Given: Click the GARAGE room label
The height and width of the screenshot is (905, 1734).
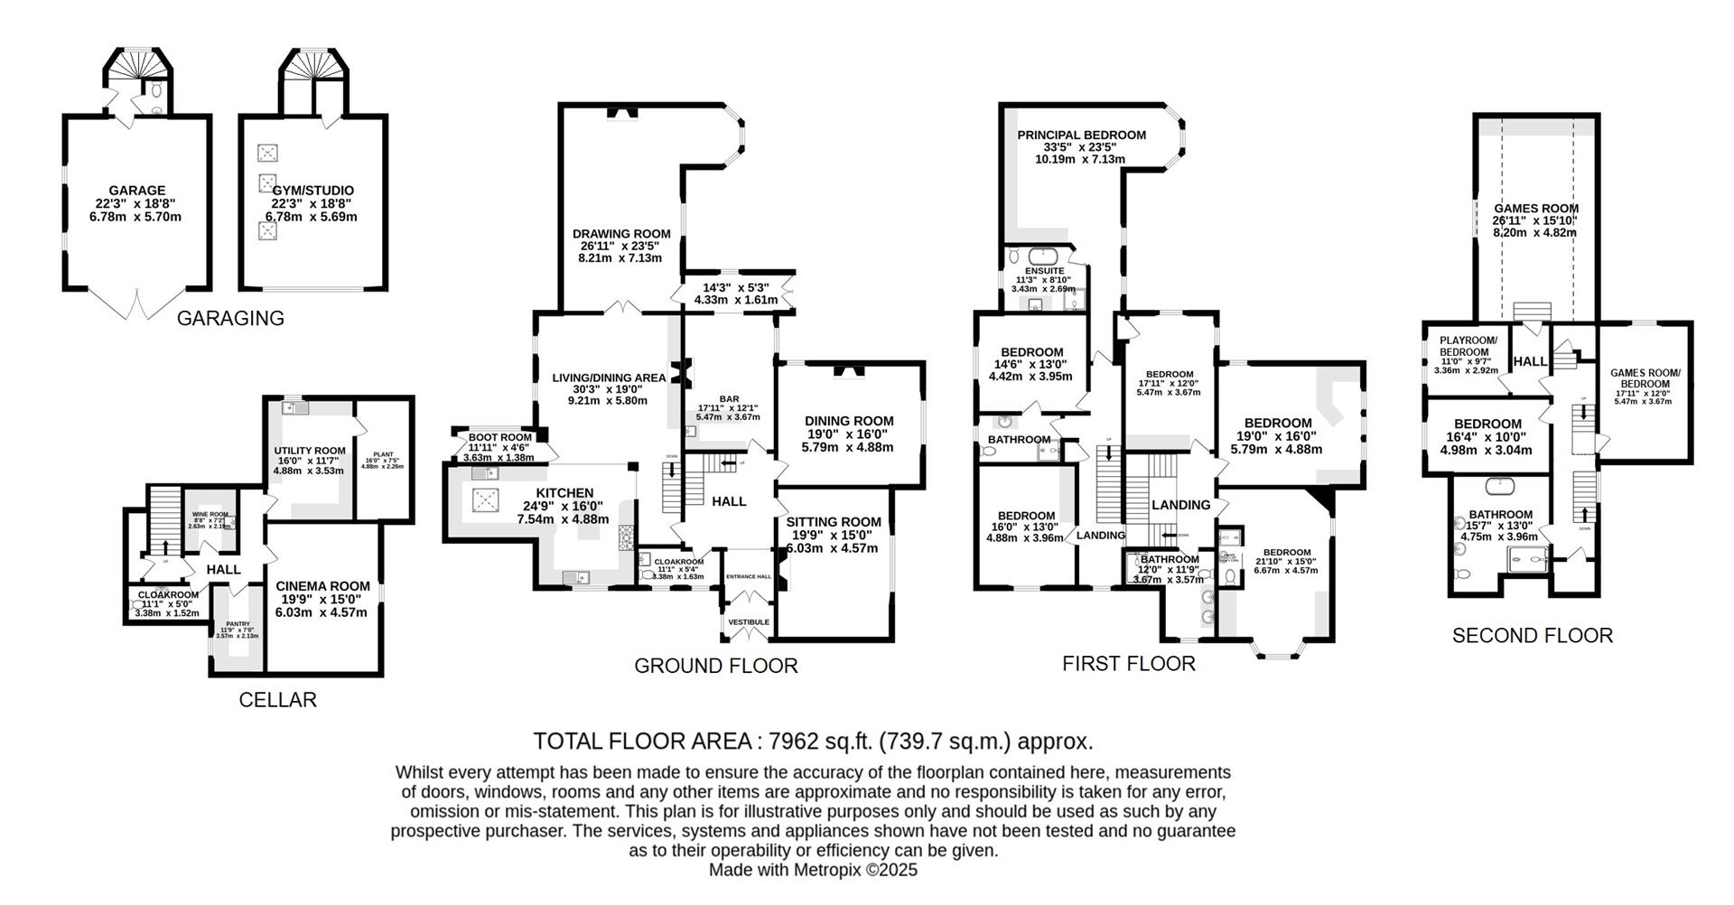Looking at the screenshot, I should pyautogui.click(x=136, y=191).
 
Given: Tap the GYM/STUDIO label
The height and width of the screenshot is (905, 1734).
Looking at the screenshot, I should pyautogui.click(x=312, y=191).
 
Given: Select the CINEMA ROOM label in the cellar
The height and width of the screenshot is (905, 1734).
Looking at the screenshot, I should pyautogui.click(x=323, y=585).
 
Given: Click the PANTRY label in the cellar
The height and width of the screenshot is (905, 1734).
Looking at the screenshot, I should pyautogui.click(x=238, y=624).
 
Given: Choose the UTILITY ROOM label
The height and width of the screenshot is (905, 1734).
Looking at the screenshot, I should pyautogui.click(x=310, y=451).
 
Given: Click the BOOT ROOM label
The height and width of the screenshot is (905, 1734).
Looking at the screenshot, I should pyautogui.click(x=499, y=436).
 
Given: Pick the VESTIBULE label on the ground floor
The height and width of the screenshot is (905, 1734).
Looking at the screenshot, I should pyautogui.click(x=749, y=622).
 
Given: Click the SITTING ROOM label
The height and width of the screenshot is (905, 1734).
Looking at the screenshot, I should pyautogui.click(x=833, y=522).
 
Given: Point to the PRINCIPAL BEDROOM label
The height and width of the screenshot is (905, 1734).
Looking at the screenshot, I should pyautogui.click(x=1081, y=135).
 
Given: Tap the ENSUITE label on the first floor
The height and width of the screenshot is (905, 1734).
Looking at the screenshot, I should pyautogui.click(x=1044, y=270).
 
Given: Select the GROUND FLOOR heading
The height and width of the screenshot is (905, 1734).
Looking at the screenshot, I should pyautogui.click(x=715, y=667).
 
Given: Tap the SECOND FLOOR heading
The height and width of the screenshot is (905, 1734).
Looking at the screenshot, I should pyautogui.click(x=1532, y=636).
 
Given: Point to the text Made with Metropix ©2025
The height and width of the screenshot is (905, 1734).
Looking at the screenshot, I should pyautogui.click(x=812, y=870).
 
